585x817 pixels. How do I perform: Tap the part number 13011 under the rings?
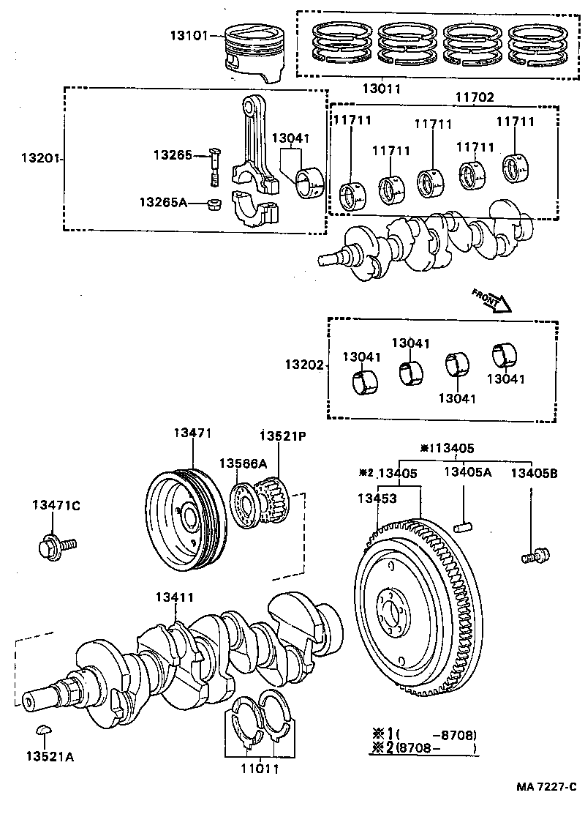pos(381,89)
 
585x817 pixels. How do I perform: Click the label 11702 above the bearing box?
pos(475,97)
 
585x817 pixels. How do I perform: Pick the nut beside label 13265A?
pos(215,203)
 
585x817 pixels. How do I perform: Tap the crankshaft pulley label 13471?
pos(192,433)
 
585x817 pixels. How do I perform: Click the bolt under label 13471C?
pos(56,545)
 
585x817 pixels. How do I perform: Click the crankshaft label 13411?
pos(174,597)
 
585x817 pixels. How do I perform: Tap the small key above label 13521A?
pos(44,730)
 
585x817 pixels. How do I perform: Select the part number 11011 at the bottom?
pos(259,769)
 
